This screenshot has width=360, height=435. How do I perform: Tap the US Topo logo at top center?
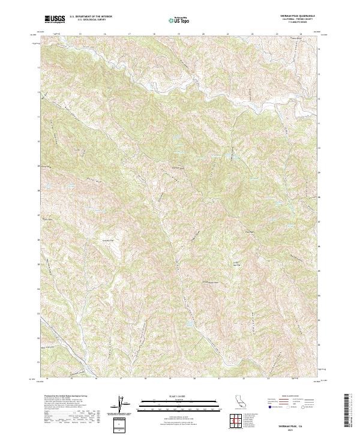tap(179, 20)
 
